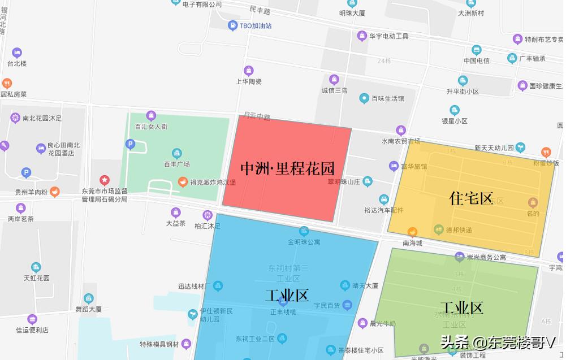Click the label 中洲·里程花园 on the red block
click(x=287, y=168)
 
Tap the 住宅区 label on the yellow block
click(x=471, y=198)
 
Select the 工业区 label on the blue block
click(x=287, y=295)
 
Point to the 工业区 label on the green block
click(x=461, y=308)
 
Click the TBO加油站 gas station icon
click(x=232, y=25)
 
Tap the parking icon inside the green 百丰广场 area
click(x=130, y=145)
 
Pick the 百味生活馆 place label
click(x=387, y=99)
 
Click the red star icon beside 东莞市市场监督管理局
click(x=104, y=179)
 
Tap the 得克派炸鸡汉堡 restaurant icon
click(x=183, y=181)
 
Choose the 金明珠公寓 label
click(x=304, y=242)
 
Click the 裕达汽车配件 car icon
click(x=384, y=199)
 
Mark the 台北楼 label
click(x=17, y=63)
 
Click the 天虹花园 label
click(x=36, y=278)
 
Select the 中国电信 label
click(x=476, y=60)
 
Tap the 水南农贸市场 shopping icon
click(x=401, y=130)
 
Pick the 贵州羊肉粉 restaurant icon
click(x=55, y=192)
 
